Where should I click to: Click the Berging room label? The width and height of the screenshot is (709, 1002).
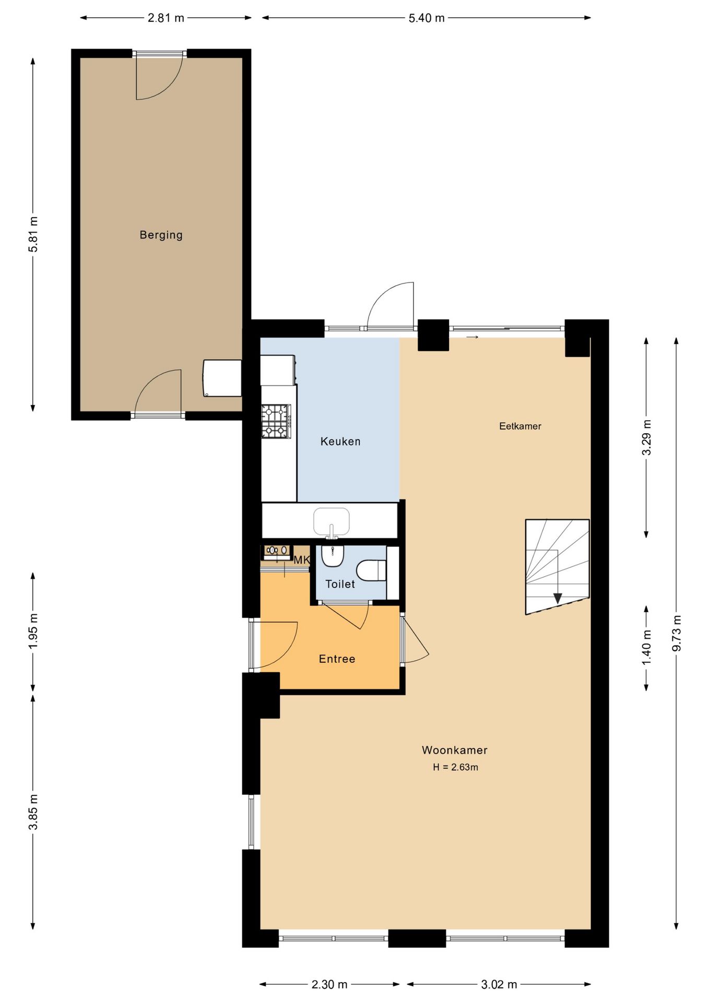tap(161, 235)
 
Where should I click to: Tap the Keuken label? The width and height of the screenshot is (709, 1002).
tap(340, 442)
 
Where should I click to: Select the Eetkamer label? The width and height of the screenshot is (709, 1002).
tap(519, 426)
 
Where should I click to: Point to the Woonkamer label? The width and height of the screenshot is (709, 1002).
tap(454, 750)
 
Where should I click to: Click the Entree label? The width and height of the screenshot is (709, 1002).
tap(337, 659)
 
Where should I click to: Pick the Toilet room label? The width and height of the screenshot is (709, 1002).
tap(340, 584)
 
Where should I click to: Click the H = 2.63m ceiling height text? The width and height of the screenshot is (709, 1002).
tap(455, 767)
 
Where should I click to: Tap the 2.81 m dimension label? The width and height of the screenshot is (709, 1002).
tap(166, 18)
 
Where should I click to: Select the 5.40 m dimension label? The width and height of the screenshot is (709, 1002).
tap(426, 18)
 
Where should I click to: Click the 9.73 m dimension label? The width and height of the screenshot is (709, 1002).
tap(677, 633)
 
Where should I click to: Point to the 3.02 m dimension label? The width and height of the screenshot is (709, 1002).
tap(499, 984)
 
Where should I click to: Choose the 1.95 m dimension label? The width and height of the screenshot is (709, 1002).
tap(33, 631)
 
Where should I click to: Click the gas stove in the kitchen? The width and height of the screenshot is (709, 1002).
tap(276, 421)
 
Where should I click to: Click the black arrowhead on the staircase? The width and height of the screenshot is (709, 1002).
tap(558, 598)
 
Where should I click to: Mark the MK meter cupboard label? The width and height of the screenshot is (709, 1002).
tap(302, 560)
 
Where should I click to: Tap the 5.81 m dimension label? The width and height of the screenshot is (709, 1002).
tap(33, 234)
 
